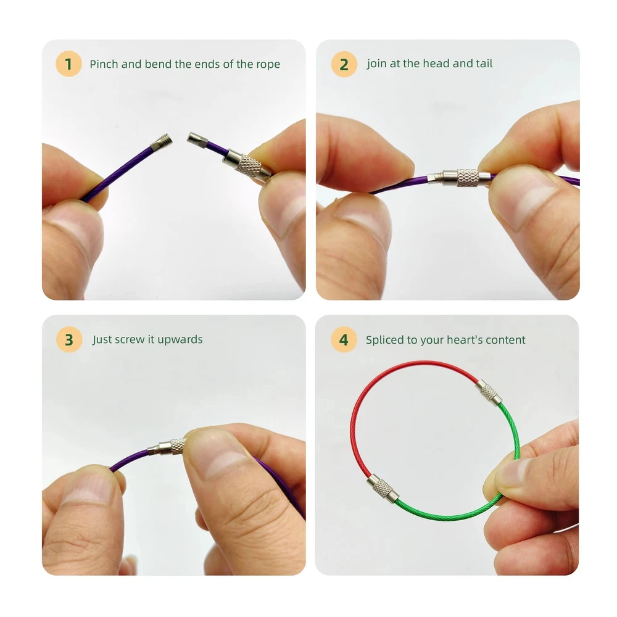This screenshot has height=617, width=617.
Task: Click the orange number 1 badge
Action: pyautogui.click(x=68, y=64)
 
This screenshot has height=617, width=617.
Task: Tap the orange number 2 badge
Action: pyautogui.click(x=344, y=64)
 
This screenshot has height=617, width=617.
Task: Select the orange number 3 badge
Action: pyautogui.click(x=69, y=339)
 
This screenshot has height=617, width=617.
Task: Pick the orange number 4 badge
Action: pyautogui.click(x=344, y=339)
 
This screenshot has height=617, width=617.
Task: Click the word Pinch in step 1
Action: pyautogui.click(x=104, y=64)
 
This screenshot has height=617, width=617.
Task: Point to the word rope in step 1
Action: pyautogui.click(x=268, y=65)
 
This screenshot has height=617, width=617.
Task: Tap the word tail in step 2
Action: pyautogui.click(x=484, y=64)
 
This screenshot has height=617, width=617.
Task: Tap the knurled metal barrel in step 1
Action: pyautogui.click(x=247, y=164)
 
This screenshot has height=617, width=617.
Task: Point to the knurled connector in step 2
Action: pyautogui.click(x=462, y=178)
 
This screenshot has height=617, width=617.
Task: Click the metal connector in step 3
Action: pyautogui.click(x=167, y=447)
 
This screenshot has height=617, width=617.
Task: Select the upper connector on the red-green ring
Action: pyautogui.click(x=489, y=392)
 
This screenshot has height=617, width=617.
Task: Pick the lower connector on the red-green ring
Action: pyautogui.click(x=383, y=488)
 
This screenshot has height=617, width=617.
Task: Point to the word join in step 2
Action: pyautogui.click(x=376, y=64)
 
